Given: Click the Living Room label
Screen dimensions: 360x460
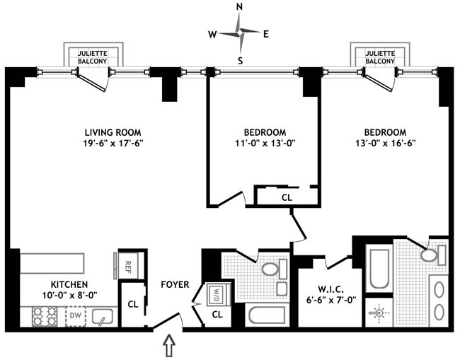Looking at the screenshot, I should click(x=113, y=132).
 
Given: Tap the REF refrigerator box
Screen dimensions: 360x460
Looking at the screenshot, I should click(x=128, y=266).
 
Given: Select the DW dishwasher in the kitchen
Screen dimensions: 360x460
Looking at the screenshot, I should click(x=75, y=315).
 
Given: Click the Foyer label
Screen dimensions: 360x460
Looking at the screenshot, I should click(x=175, y=285).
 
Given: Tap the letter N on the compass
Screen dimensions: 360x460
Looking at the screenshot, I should click(x=240, y=8).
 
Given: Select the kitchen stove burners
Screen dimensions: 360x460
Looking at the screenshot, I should click(x=43, y=316).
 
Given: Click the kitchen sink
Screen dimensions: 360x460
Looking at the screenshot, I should click(x=103, y=316).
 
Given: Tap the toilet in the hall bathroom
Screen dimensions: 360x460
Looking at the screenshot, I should click(x=270, y=269).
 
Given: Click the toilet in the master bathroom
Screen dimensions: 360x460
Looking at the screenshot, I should click(x=429, y=255).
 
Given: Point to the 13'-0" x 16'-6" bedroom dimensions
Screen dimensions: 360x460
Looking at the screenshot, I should click(x=385, y=145).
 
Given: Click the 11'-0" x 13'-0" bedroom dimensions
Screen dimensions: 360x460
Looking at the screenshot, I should click(x=265, y=145).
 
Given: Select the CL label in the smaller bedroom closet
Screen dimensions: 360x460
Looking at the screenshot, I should click(x=287, y=198).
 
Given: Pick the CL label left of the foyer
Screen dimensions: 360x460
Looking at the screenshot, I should click(x=132, y=305).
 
